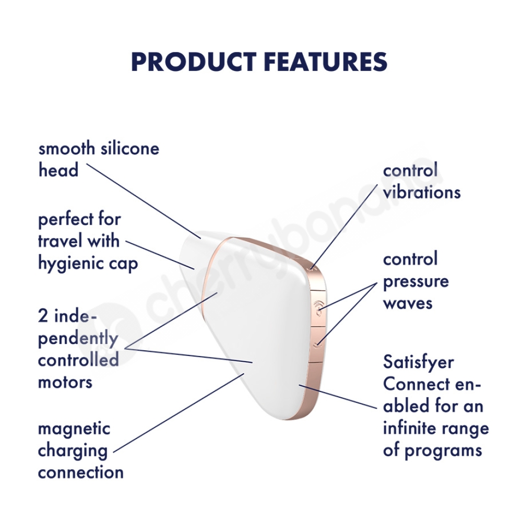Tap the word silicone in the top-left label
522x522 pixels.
pyautogui.click(x=130, y=148)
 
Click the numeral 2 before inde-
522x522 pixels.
pyautogui.click(x=43, y=315)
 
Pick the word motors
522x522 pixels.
pyautogui.click(x=65, y=382)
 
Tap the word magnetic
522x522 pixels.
pyautogui.click(x=74, y=429)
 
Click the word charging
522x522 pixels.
pyautogui.click(x=73, y=452)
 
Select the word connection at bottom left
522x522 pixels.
pyautogui.click(x=81, y=472)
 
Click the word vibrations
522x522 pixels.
pyautogui.click(x=422, y=192)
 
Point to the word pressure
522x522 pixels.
pyautogui.click(x=416, y=282)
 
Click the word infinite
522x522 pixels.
pyautogui.click(x=408, y=429)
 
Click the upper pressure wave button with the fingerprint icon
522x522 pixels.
pyautogui.click(x=319, y=309)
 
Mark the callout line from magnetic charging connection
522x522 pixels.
pyautogui.click(x=179, y=413)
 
